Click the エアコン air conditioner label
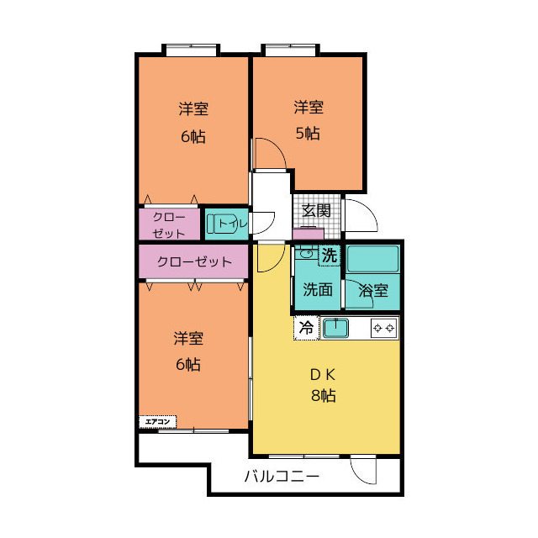click(x=157, y=422)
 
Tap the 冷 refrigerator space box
click(x=306, y=328)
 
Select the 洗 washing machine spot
click(x=330, y=256)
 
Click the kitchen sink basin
click(x=336, y=328)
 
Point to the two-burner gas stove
click(x=383, y=328)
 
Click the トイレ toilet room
click(x=227, y=224)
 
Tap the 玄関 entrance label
click(x=316, y=210)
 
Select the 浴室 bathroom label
click(x=373, y=291)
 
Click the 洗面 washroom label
click(x=318, y=289)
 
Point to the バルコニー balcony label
click(x=282, y=477)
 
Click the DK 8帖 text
click(x=323, y=385)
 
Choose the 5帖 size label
click(x=308, y=133)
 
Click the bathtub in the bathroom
click(x=372, y=259)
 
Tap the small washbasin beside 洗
click(x=306, y=254)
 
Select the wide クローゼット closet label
click(x=194, y=262)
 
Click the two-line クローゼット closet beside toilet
click(x=169, y=225)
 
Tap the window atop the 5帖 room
click(x=291, y=50)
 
